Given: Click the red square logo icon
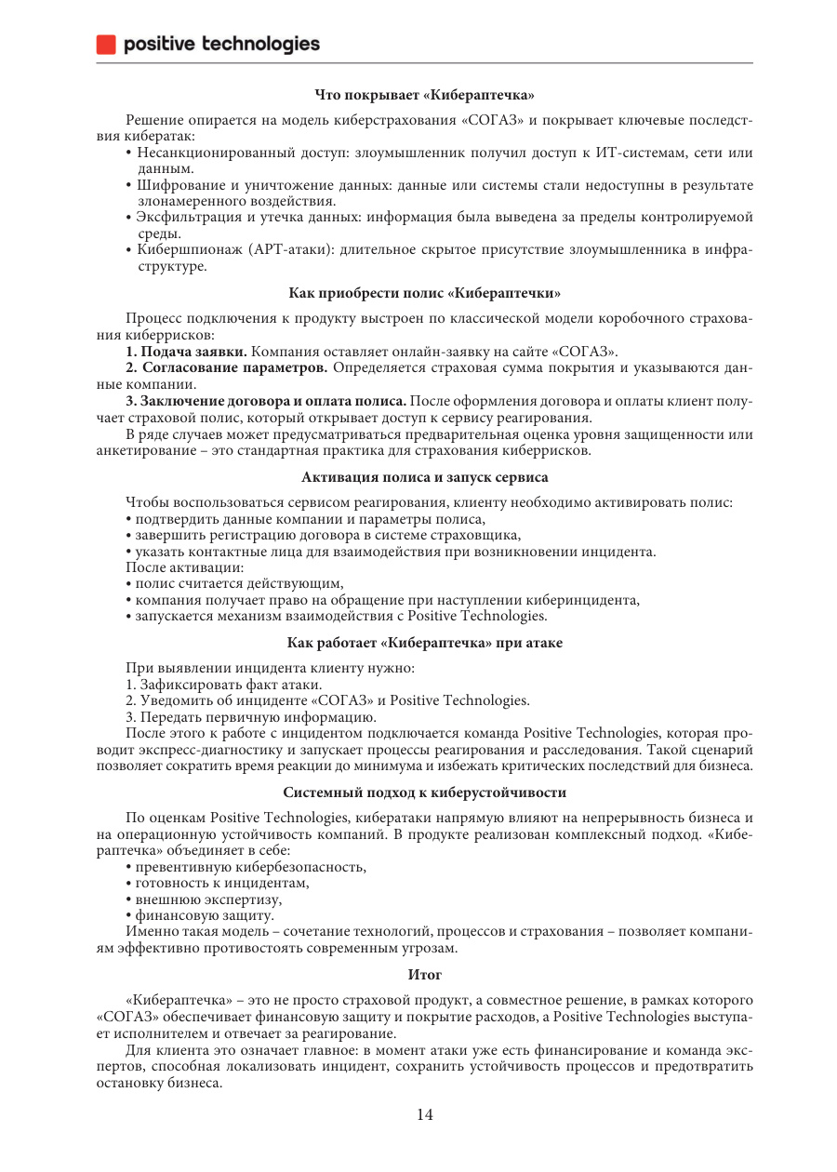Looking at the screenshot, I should [107, 44].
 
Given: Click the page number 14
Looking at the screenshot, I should [424, 1115].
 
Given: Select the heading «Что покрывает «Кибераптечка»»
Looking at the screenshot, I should [424, 94].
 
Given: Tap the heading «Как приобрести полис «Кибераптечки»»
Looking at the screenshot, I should [424, 293].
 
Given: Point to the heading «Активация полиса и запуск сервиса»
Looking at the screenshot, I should [424, 477].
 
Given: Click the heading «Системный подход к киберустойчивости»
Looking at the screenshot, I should [424, 792].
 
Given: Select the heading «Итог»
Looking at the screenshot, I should [424, 974].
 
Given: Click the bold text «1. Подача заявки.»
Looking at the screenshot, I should [187, 351].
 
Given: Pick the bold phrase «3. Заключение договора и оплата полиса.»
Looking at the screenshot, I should [266, 401].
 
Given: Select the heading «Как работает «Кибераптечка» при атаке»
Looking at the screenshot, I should [424, 643].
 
